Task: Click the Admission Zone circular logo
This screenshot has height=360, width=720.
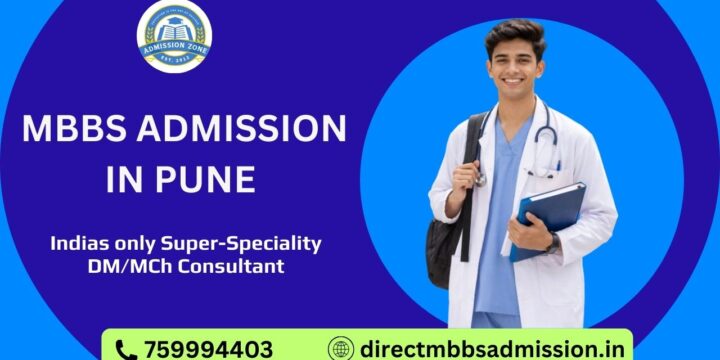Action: (174, 37)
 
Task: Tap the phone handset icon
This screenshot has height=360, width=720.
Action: (126, 349)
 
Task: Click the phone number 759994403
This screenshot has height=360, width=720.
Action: (208, 349)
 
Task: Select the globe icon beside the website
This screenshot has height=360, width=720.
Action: (341, 349)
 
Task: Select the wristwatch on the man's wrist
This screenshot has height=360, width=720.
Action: (553, 243)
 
